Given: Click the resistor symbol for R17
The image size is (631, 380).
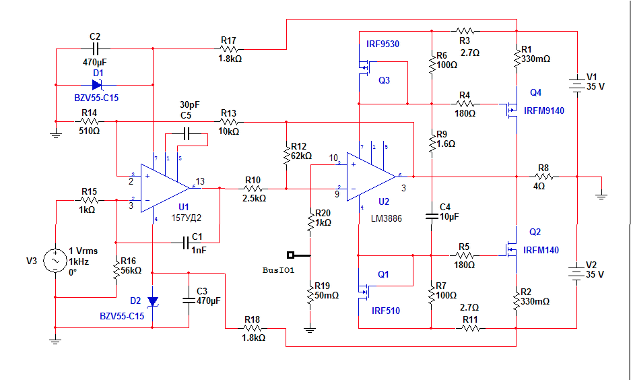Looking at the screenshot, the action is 230,49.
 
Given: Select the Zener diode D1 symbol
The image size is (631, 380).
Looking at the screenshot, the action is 97,85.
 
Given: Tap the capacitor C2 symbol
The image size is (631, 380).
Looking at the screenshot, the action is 95,49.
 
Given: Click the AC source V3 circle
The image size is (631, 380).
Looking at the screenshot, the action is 55,261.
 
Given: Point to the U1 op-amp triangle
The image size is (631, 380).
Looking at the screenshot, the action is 165,188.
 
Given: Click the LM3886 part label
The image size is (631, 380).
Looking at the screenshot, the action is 387,218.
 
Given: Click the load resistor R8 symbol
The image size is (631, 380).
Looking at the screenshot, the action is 544,177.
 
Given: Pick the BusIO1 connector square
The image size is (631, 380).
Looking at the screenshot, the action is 290,255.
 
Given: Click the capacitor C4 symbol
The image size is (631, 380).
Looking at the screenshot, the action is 432,216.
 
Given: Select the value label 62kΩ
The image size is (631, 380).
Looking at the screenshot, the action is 302,156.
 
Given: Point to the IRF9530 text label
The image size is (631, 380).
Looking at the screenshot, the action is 383,44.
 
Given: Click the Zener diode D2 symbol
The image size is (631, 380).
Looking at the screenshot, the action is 152,302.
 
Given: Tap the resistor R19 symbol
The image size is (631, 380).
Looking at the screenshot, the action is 310,295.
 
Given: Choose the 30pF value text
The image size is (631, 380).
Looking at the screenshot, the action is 189,104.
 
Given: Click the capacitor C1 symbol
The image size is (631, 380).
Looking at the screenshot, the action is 186,243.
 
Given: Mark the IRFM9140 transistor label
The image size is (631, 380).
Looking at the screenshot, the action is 544,110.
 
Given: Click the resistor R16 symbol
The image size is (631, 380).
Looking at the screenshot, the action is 117,270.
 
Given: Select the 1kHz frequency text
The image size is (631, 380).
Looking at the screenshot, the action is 79,261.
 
